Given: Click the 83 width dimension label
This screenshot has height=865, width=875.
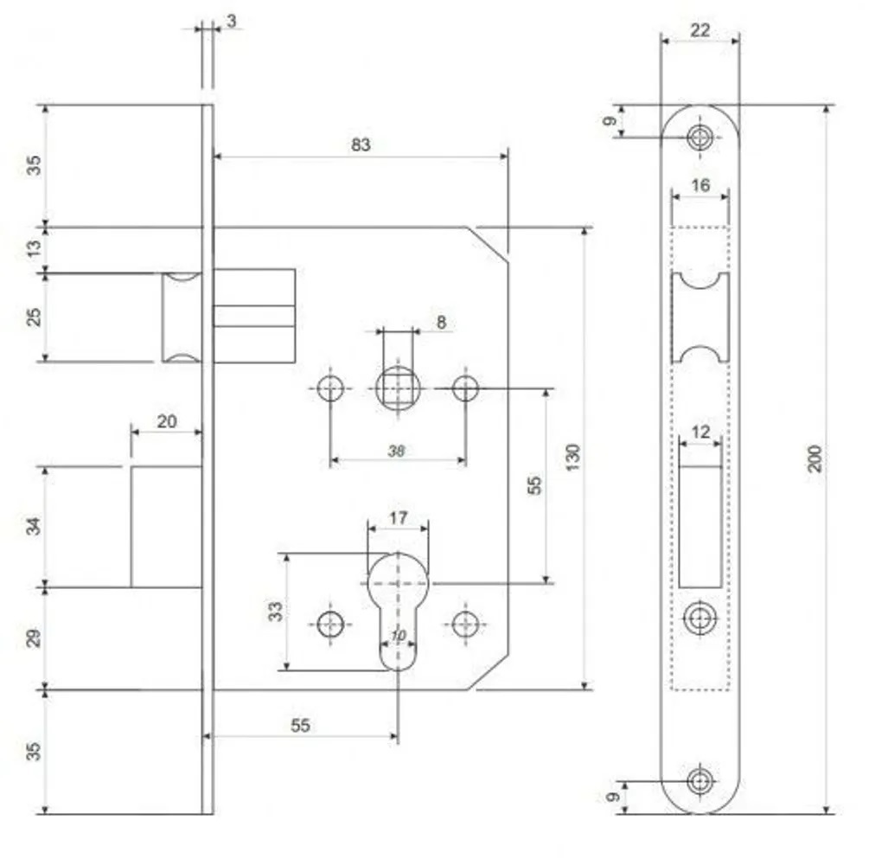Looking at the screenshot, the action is click(361, 144).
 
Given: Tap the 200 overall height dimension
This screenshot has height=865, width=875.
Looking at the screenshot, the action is click(815, 458).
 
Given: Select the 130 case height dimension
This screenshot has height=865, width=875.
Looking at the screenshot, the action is click(572, 458).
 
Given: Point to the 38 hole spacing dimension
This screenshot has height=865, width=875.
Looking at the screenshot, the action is click(396, 451).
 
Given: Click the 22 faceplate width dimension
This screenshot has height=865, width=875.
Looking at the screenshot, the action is click(699, 30).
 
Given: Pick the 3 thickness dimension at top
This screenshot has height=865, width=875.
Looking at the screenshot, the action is click(232, 21).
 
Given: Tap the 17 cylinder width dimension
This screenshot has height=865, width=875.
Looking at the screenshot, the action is click(398, 518).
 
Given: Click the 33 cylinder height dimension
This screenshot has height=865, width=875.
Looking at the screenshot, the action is click(275, 611).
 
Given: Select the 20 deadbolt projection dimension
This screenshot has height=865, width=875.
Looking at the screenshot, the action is click(166, 421).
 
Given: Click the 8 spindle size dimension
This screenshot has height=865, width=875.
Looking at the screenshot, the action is click(442, 322).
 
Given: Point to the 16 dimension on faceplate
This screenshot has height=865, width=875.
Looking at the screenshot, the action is click(700, 185).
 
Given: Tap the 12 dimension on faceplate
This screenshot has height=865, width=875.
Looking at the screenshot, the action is click(700, 432).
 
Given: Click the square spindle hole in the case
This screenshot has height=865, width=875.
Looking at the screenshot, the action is click(398, 388).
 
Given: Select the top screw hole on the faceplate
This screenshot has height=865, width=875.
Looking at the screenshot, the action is click(699, 137).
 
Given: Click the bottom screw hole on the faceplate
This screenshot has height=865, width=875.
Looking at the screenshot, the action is click(699, 781).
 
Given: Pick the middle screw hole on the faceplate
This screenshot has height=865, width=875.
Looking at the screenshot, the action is click(699, 618).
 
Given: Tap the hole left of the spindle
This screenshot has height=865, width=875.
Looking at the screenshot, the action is click(330, 388).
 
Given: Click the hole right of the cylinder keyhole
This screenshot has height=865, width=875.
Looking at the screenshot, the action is click(465, 624).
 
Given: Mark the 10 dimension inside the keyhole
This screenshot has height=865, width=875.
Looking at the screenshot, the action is click(398, 636).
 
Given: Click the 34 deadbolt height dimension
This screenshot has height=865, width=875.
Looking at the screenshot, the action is click(34, 526).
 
